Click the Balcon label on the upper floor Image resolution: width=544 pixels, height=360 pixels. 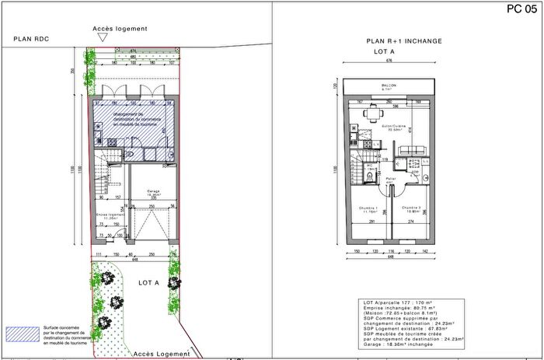coord(389,86)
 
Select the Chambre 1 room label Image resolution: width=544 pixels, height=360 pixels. coord(368,208)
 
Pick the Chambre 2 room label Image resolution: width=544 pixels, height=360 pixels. coord(411,208)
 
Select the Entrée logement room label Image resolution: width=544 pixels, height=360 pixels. coord(108,216)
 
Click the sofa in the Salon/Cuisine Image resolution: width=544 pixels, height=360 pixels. coord(418,149)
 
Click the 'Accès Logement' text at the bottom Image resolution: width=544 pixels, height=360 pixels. coord(162,354)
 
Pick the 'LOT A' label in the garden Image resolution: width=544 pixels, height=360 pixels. coord(148,283)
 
